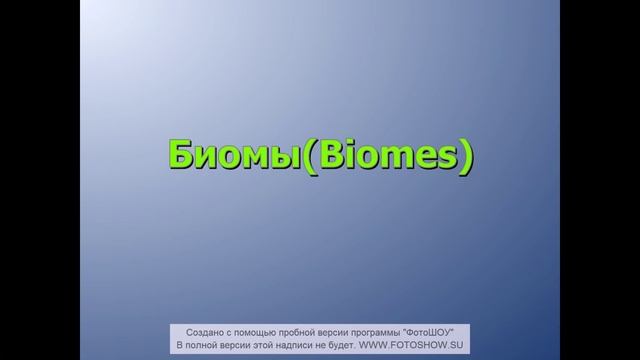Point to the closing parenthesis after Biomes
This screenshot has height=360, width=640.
[463, 158]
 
